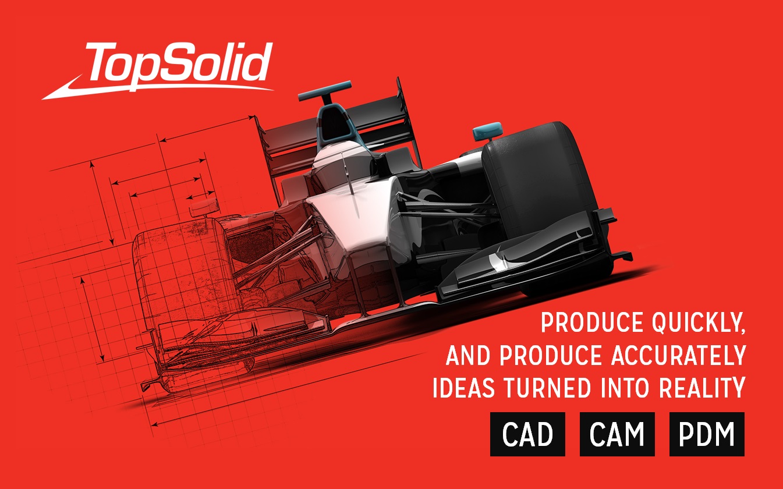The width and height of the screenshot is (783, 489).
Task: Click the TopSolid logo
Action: [157, 70]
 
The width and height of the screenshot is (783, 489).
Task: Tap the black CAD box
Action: [527, 434]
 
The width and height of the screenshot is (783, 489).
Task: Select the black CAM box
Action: [617, 434]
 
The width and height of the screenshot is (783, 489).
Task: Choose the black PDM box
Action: [707, 434]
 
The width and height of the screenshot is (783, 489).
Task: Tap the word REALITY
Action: [702, 388]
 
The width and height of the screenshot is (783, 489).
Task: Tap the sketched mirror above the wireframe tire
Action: [204, 208]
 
